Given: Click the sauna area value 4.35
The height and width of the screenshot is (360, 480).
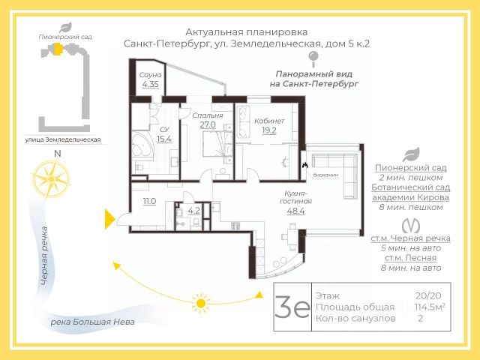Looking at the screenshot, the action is tap(150, 84).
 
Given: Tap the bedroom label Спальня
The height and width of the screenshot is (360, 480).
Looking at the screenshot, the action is tap(207, 115).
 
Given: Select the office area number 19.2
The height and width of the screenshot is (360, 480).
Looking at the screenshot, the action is tap(269, 130).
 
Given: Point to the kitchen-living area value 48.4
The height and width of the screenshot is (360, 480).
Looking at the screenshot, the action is tap(295, 211).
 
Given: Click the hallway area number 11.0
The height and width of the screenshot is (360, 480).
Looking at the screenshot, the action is tap(149, 201).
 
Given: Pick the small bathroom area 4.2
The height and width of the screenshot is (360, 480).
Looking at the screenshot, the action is tap(193, 211).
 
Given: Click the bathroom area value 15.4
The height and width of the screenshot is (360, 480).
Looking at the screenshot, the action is tap(164, 139).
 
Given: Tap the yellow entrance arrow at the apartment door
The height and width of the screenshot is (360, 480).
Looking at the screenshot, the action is tap(109, 220).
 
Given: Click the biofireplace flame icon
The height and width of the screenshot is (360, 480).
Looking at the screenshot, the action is tap(304, 165).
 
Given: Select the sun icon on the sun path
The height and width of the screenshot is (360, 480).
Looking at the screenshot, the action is tap(201, 303).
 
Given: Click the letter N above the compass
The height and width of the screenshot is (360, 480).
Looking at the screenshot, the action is tap(57, 153).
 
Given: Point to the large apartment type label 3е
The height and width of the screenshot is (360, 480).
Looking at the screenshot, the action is tap(292, 307).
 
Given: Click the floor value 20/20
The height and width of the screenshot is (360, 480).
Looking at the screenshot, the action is tap(428, 295).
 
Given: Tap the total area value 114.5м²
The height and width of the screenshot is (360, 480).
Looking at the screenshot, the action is tap(430, 307).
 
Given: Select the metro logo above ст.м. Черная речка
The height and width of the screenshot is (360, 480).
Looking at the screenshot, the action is tap(410, 226).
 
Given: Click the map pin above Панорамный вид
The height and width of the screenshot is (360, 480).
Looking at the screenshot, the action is tap(313, 59).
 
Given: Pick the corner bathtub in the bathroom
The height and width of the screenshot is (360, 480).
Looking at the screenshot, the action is tap(143, 146).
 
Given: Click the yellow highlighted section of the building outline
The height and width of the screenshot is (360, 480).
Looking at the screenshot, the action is tap(57, 49).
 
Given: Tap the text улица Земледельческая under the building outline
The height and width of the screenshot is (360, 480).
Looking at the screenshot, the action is tap(63, 140).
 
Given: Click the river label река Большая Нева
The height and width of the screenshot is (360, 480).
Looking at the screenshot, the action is tap(92, 322).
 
